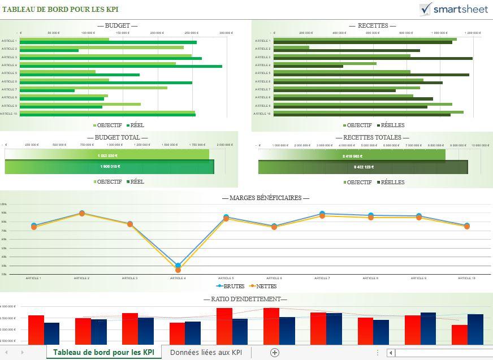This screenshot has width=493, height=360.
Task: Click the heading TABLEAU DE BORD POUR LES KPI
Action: (60, 10)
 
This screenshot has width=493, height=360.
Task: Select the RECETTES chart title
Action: (373, 25)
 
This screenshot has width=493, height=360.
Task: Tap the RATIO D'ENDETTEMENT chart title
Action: (245, 299)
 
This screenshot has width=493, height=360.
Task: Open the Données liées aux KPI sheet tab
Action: (206, 352)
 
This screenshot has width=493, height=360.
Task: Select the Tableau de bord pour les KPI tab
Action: (103, 352)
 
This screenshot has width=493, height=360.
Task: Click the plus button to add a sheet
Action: (275, 352)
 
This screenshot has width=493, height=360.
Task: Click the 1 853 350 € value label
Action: (107, 155)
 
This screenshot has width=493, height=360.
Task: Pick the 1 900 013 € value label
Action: (110, 167)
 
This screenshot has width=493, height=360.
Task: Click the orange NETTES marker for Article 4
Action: (178, 270)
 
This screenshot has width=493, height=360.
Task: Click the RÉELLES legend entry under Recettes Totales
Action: (392, 182)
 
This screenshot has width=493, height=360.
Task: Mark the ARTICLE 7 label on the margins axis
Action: (322, 278)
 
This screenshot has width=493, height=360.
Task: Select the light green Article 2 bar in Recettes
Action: (291, 47)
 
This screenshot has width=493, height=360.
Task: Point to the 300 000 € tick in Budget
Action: (226, 33)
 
